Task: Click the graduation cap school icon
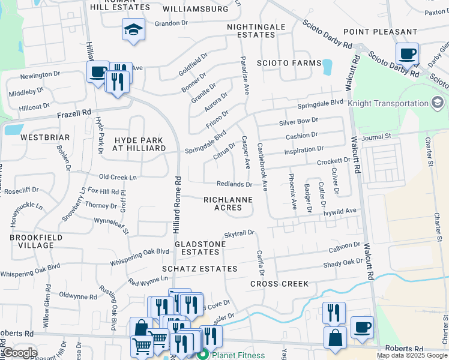click(133, 29)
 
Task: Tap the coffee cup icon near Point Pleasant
click(407, 54)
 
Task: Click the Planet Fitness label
click(238, 355)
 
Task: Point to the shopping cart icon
click(142, 346)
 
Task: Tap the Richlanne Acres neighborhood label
click(222, 203)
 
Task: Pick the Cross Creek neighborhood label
click(279, 283)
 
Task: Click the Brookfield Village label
click(31, 241)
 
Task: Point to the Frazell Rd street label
click(74, 113)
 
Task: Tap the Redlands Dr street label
click(234, 184)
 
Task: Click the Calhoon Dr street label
click(344, 247)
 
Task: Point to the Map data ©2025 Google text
click(411, 355)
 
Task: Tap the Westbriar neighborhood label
click(37, 137)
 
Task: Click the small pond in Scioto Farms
click(327, 67)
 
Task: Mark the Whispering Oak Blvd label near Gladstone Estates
click(139, 257)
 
